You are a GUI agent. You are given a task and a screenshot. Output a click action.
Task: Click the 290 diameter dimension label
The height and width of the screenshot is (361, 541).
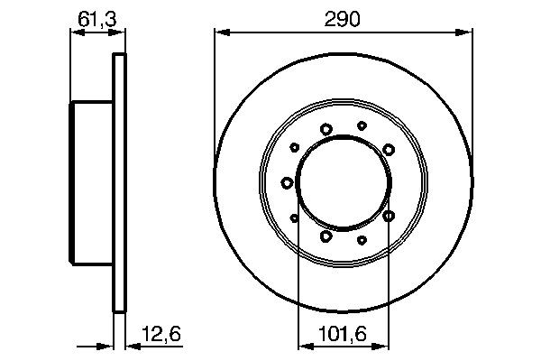click(x=344, y=19)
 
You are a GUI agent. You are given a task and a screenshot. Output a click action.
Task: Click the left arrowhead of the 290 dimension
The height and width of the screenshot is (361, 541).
click(x=219, y=32)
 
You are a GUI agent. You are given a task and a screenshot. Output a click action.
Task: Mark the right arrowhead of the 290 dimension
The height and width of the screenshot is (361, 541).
click(x=468, y=32)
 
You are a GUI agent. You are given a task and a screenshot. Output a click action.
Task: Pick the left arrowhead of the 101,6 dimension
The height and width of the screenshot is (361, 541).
click(x=303, y=345)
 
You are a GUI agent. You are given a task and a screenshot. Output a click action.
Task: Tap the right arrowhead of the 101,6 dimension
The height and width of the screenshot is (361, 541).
click(x=384, y=345)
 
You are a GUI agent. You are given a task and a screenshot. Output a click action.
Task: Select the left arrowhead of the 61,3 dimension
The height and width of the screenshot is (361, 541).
click(x=75, y=32)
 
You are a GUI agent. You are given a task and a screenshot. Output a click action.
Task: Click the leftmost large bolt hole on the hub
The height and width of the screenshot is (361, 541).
click(x=287, y=183)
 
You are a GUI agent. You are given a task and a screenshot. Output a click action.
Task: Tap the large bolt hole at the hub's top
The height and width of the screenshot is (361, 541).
click(x=326, y=129)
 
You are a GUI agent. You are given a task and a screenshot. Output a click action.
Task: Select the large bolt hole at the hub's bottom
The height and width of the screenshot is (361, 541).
click(x=326, y=236)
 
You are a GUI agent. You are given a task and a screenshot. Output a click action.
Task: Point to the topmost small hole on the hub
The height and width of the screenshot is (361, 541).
click(x=362, y=125)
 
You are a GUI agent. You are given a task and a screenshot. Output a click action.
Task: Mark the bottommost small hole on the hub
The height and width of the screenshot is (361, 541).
click(x=362, y=240)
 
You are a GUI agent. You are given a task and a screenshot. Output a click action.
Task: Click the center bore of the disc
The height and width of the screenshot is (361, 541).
click(x=344, y=183)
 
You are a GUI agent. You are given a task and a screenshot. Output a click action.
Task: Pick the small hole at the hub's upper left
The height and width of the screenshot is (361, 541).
click(x=295, y=148)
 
